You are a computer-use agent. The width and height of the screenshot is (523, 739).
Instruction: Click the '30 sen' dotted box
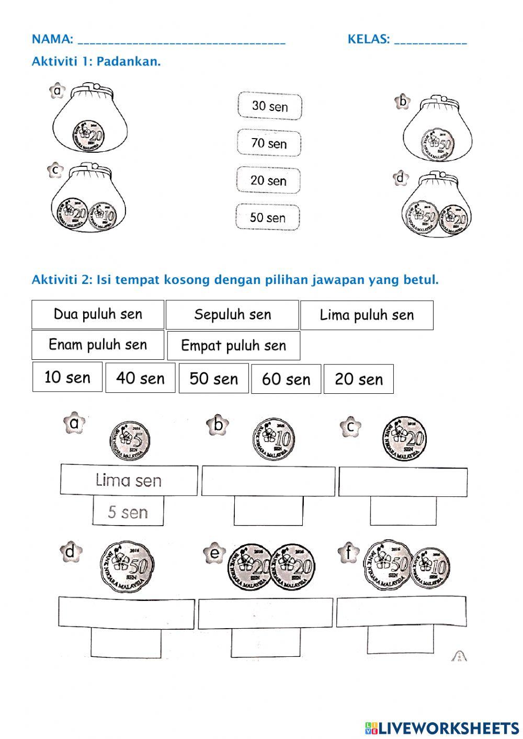[270, 106]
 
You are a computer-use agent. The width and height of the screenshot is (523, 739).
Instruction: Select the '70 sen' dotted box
[269, 143]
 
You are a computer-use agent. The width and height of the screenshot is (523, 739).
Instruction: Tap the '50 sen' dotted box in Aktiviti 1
[268, 217]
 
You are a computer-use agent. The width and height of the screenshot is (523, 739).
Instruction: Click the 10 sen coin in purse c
[102, 214]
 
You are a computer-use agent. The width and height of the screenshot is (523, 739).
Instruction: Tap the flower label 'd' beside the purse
[400, 178]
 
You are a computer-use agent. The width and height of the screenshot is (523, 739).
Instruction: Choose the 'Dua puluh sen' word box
[98, 314]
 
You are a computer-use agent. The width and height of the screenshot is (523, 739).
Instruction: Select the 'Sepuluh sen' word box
[232, 314]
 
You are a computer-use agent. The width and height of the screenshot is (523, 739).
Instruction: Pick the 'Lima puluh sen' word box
[367, 315]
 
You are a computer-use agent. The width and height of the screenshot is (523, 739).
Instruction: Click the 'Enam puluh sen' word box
[98, 345]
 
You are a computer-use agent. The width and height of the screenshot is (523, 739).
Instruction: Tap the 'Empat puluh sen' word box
[233, 345]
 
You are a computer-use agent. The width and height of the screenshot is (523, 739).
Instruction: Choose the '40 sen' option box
[140, 378]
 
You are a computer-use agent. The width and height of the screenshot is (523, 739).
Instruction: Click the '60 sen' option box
[286, 379]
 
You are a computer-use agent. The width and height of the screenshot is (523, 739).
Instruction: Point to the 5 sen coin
[130, 439]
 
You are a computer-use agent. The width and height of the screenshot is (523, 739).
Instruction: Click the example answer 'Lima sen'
[129, 480]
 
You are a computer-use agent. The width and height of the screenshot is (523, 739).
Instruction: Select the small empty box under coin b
[268, 510]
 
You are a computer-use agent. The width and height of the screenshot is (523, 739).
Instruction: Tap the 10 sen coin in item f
[430, 567]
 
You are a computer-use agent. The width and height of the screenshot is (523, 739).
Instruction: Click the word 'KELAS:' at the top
[369, 39]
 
